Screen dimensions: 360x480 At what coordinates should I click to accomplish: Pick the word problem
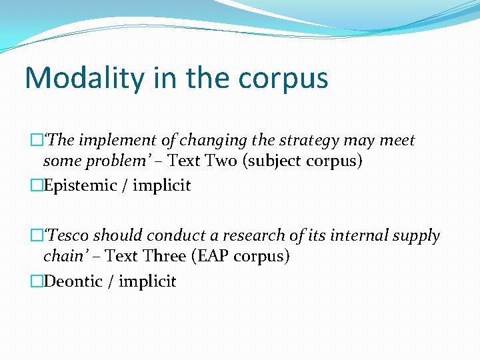pos(111,162)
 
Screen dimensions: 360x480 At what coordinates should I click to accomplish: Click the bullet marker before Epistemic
pos(37,185)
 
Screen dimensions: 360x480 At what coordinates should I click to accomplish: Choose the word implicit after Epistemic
pos(161,185)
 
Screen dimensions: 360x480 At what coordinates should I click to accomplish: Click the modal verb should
pos(113,236)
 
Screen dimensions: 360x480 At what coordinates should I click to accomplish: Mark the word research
pos(253,236)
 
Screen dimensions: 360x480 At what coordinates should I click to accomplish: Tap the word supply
pos(417,236)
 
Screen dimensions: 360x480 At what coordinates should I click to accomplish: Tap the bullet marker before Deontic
pos(37,281)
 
